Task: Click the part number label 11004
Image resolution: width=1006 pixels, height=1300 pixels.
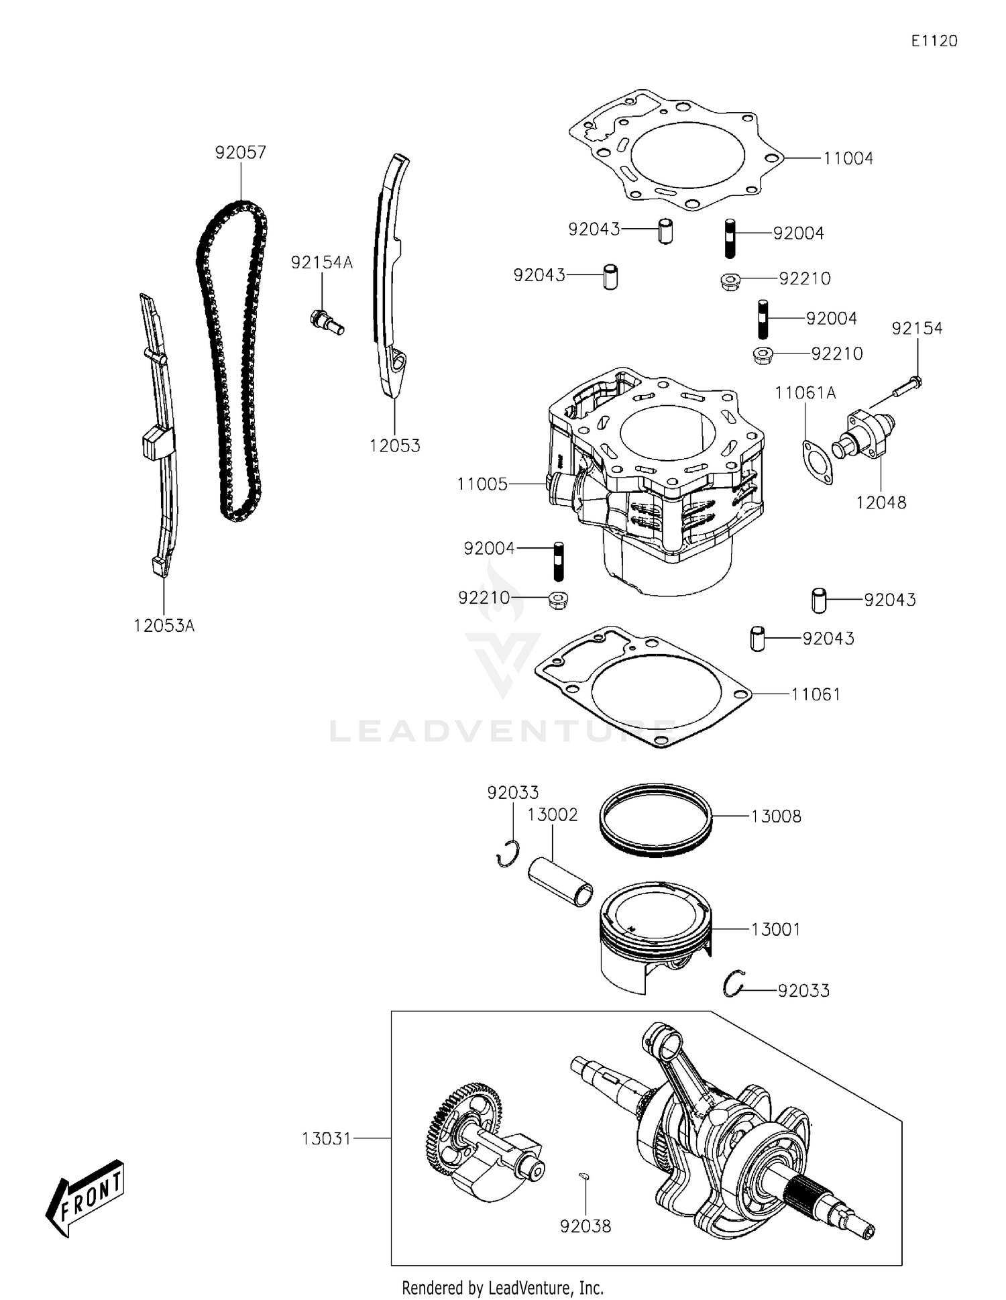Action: tap(848, 158)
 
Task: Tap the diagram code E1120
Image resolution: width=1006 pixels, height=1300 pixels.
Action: tap(934, 41)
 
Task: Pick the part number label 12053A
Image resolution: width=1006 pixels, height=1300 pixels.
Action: tap(164, 626)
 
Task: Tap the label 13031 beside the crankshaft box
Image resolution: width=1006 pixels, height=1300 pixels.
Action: tap(327, 1138)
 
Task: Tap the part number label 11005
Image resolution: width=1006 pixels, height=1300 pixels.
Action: tap(482, 484)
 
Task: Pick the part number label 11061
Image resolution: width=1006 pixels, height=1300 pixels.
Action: tap(816, 694)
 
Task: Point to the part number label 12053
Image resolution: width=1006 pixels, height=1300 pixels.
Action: tap(394, 445)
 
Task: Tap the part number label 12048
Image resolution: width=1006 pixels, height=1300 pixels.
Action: tap(881, 502)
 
